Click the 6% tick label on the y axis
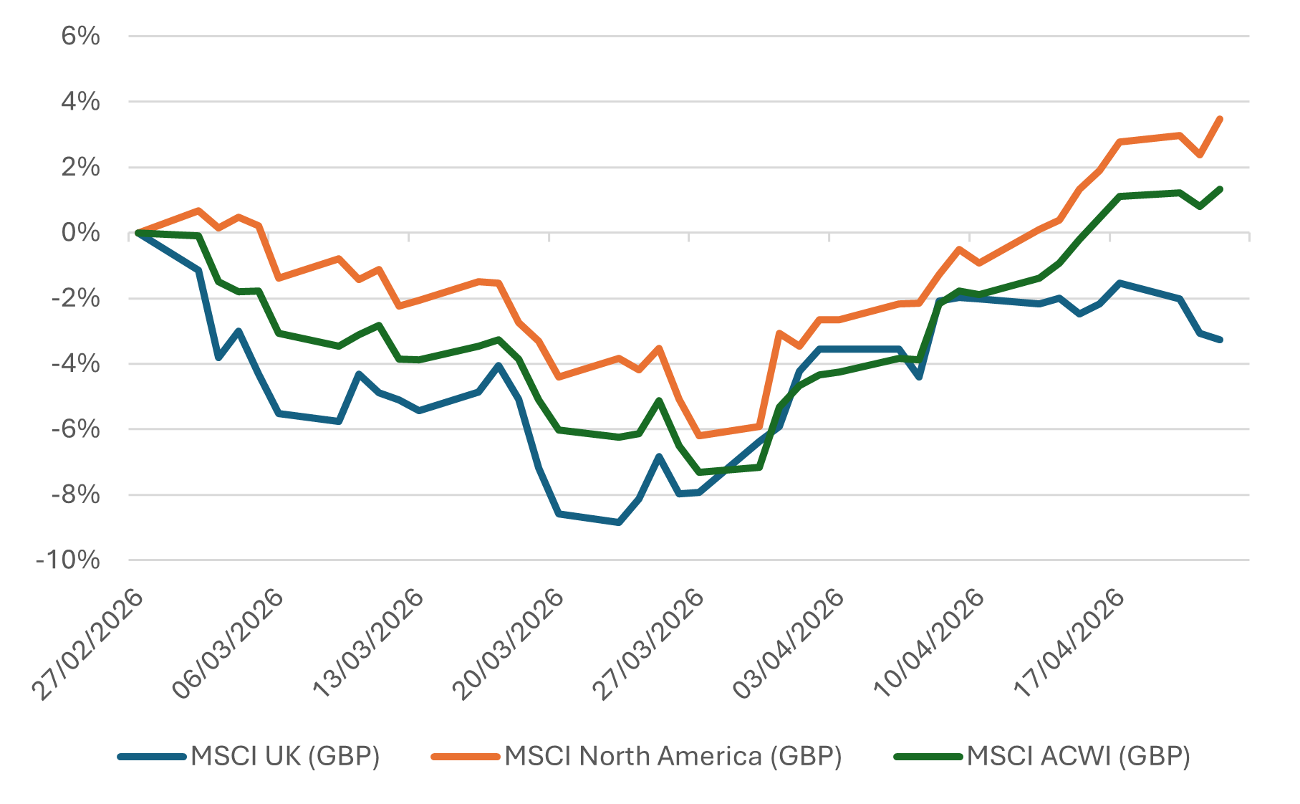pos(80,36)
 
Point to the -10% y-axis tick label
pos(68,560)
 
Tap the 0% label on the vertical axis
pos(80,233)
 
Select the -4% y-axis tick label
pos(75,364)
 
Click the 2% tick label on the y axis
pos(80,168)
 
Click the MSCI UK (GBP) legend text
pos(285,756)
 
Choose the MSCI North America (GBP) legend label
pos(673,756)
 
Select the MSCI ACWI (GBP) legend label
pos(1078,756)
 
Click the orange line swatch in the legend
pos(465,756)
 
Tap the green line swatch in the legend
pos(928,756)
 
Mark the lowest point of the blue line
pos(619,523)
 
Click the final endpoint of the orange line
pos(1220,119)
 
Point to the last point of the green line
pos(1220,189)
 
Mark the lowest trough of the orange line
pos(699,436)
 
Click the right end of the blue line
pos(1220,340)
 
